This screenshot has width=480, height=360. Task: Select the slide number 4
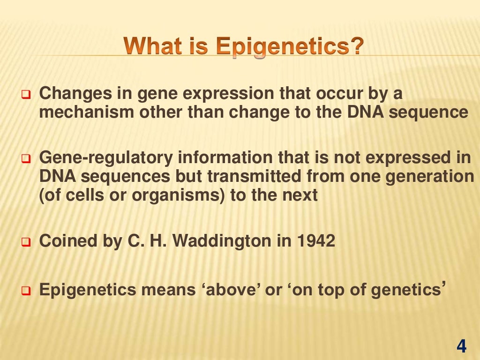click(x=461, y=346)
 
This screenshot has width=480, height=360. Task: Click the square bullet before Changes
click(x=26, y=96)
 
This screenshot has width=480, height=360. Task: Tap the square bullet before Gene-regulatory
click(x=26, y=160)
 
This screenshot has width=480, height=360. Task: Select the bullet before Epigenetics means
click(x=26, y=291)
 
